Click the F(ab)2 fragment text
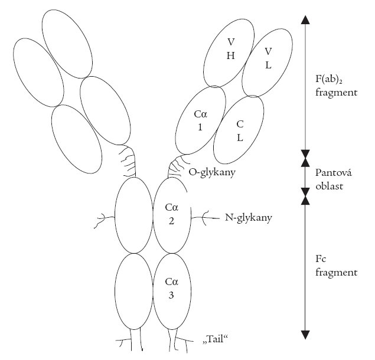tap(336, 84)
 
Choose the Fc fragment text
tap(335, 267)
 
